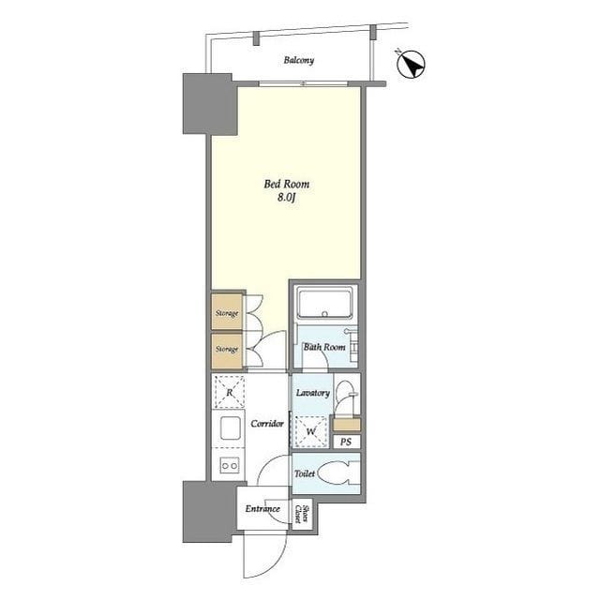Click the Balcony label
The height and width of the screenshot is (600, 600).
[x=299, y=60]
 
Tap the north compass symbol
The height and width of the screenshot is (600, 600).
[x=411, y=65]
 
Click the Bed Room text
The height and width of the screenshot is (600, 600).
[x=287, y=184]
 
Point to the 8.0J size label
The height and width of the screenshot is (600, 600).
[x=287, y=198]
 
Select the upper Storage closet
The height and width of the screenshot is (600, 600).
[x=227, y=312]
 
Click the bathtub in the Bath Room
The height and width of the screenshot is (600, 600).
[x=325, y=304]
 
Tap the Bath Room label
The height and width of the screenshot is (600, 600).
[x=324, y=347]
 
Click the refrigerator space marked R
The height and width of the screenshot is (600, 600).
[x=229, y=392]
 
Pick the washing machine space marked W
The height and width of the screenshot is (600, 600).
[x=311, y=431]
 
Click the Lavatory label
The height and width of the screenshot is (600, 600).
[x=313, y=393]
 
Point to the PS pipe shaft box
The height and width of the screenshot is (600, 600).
[x=346, y=442]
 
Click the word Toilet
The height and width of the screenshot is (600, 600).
[x=305, y=473]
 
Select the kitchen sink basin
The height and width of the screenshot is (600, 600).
[x=231, y=428]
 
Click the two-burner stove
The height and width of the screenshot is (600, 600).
[x=230, y=466]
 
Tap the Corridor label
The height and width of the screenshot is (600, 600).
[x=267, y=424]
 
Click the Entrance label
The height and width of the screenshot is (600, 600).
[x=262, y=509]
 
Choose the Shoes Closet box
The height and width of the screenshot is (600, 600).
[x=302, y=514]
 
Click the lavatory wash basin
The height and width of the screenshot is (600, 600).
[x=345, y=397]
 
